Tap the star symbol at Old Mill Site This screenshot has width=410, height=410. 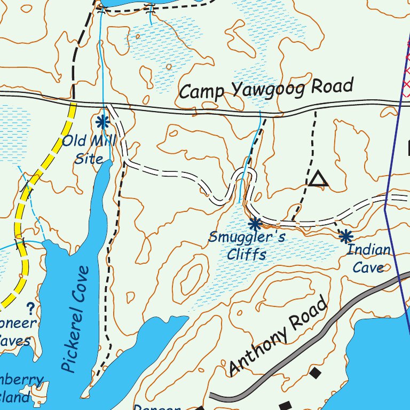coord(102,122)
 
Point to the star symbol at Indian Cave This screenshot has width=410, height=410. coord(346,235)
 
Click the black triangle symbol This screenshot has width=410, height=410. coord(319,179)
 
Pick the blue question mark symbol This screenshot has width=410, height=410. coord(30,308)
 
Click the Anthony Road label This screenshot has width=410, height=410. coord(278,337)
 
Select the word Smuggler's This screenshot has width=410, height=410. coord(239,238)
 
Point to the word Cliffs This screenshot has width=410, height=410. coord(246,254)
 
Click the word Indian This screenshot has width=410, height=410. coord(369,250)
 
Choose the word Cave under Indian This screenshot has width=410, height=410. coord(368,267)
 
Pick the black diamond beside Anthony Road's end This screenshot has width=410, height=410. coord(315,372)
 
